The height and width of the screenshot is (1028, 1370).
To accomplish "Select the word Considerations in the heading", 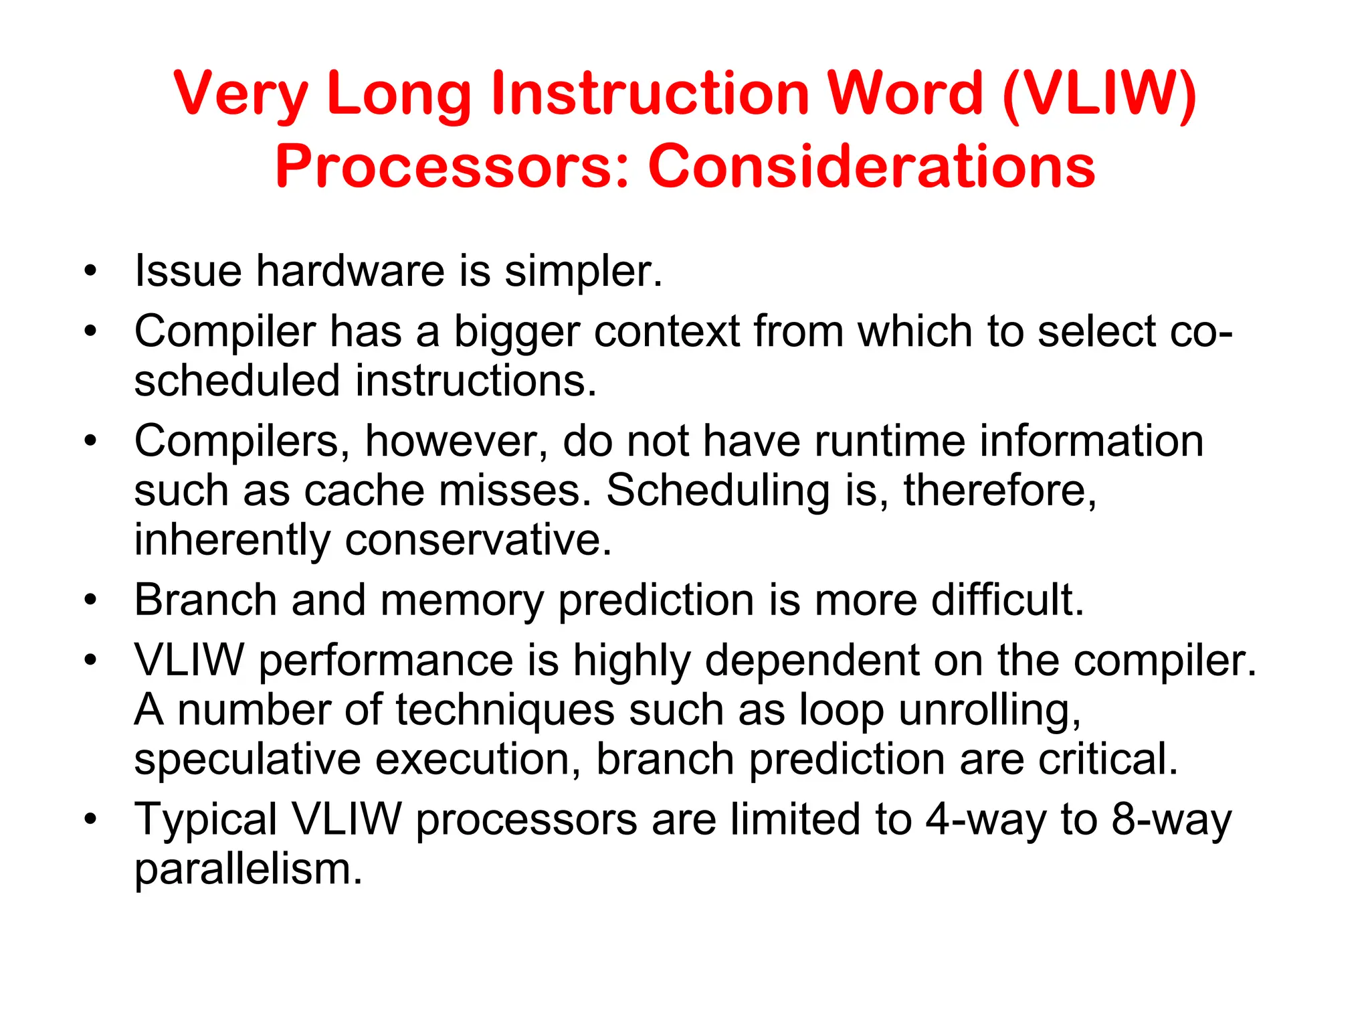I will click(871, 167).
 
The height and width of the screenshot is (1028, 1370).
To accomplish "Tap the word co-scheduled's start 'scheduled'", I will click(237, 381).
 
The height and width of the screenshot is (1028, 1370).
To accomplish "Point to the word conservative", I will click(478, 540).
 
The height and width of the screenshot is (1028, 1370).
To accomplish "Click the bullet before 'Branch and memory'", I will click(91, 600).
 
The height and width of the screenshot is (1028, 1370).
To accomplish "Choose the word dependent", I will click(811, 661).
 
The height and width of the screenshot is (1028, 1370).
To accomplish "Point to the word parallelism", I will click(248, 869).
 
